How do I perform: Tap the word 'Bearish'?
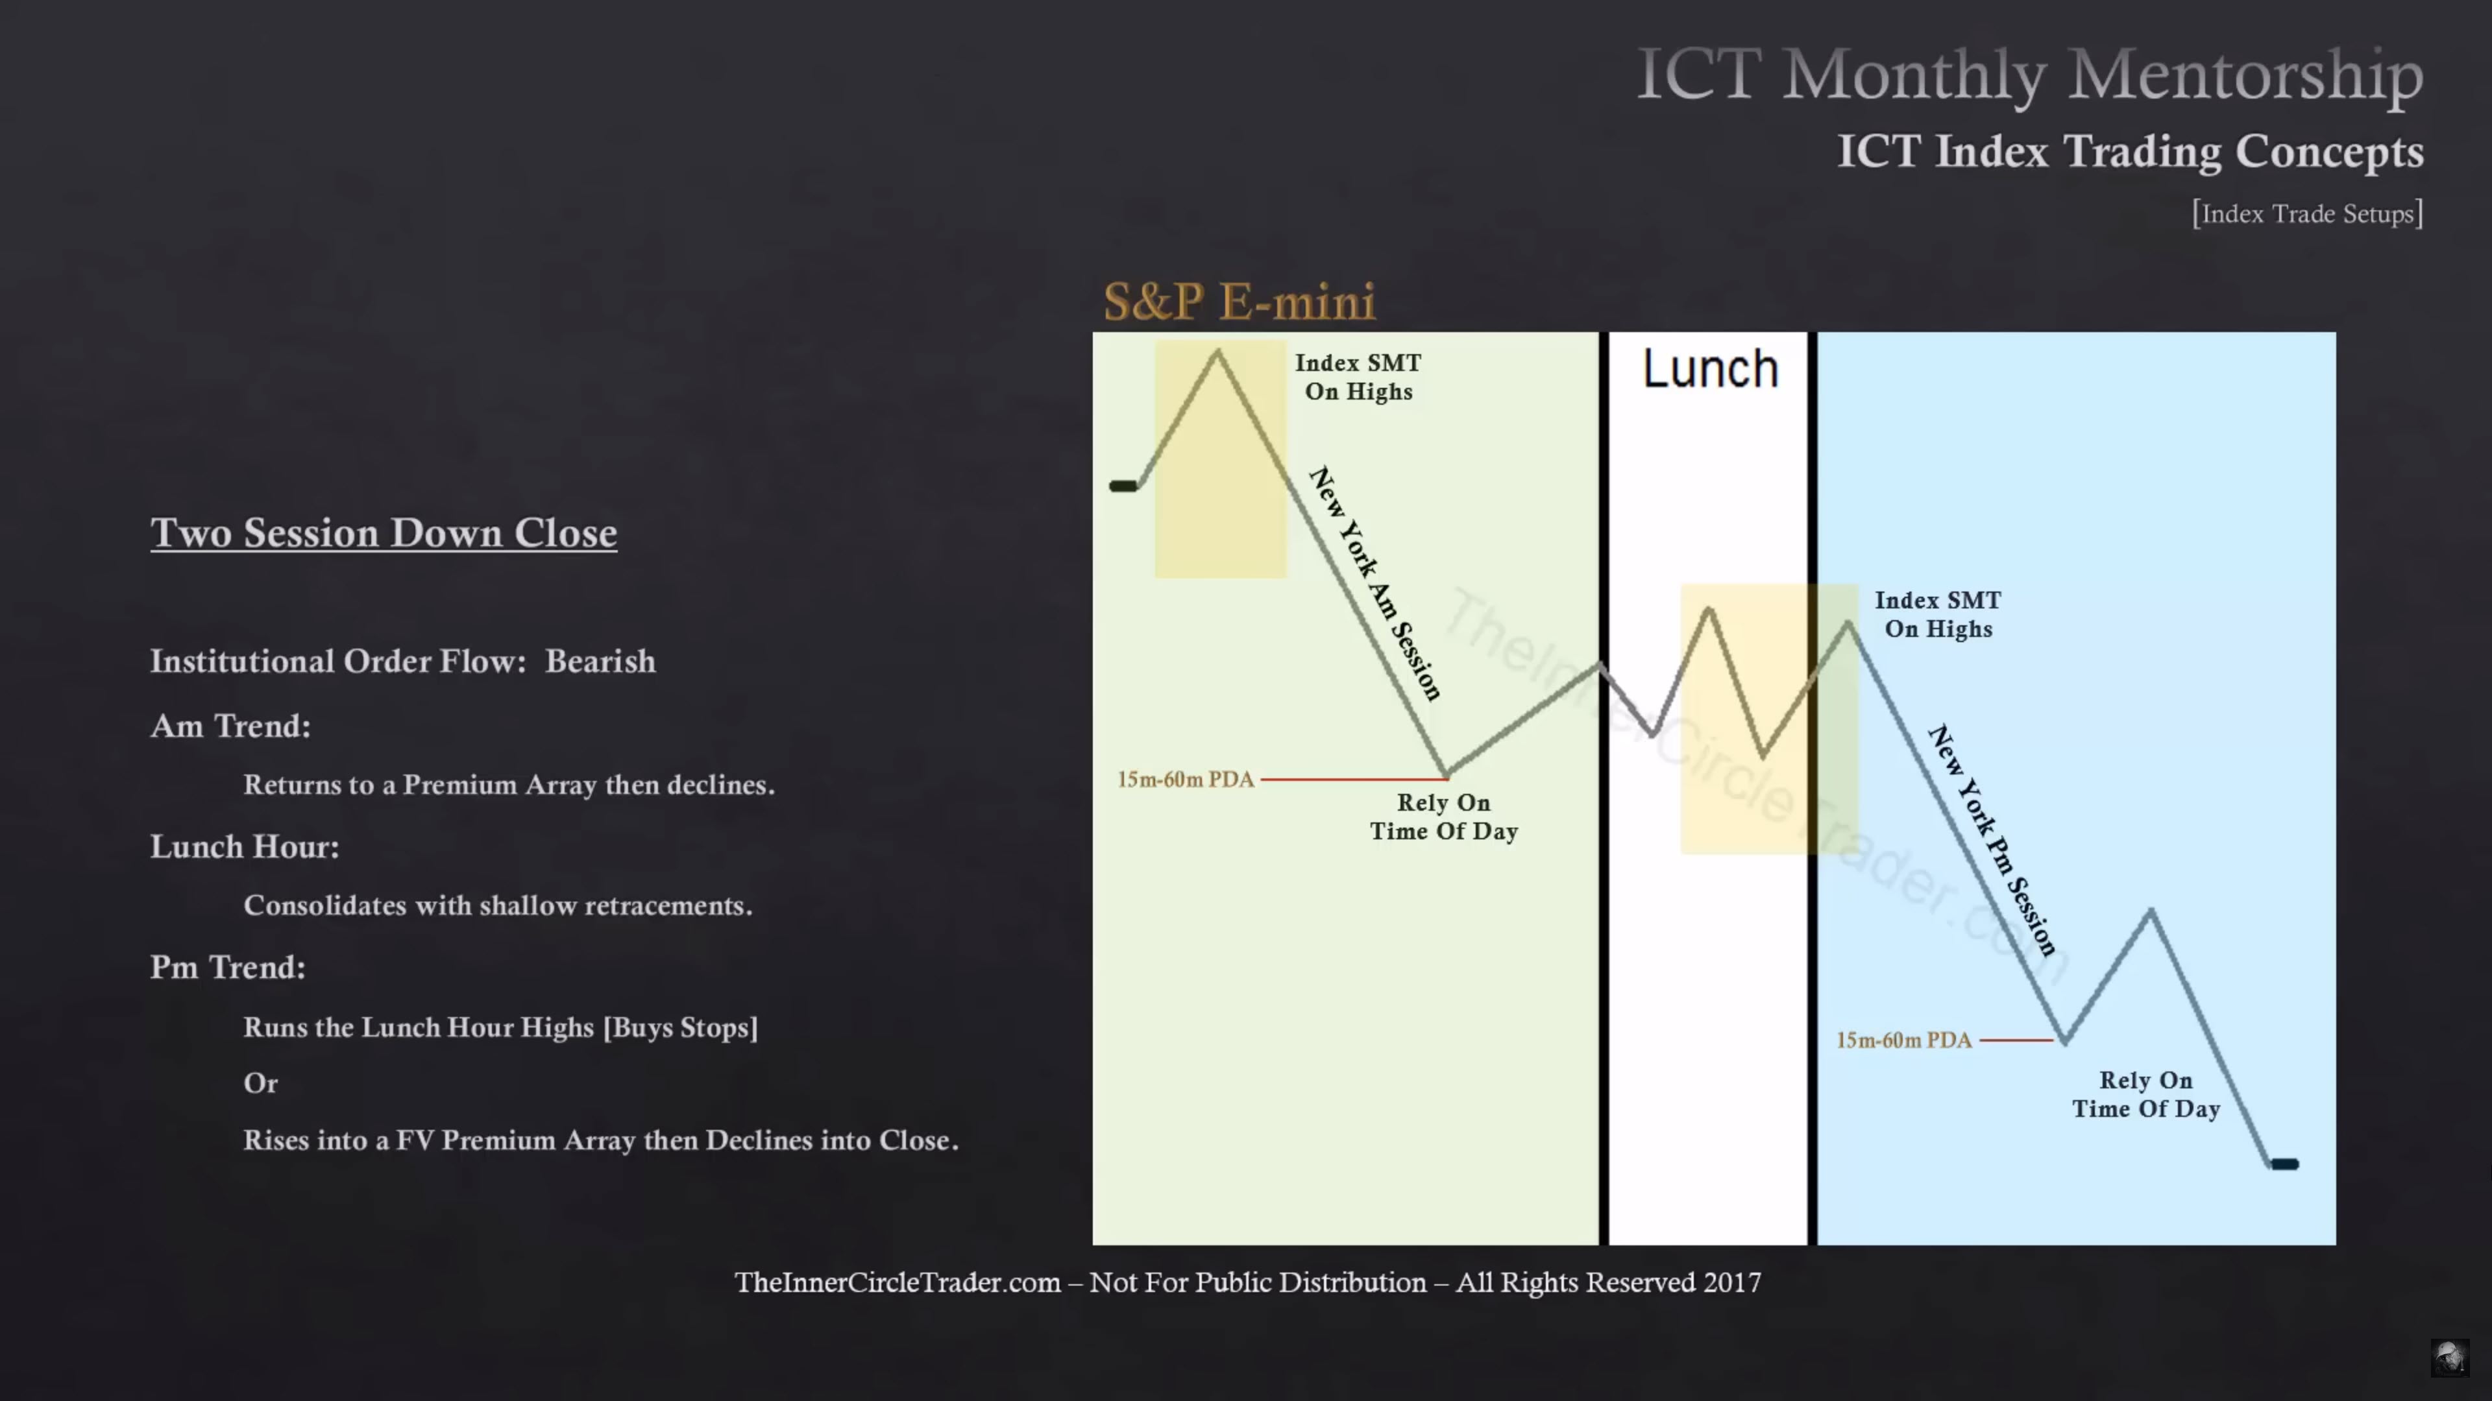600,662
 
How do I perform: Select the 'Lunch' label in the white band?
1711,369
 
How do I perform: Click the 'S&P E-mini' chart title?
1240,302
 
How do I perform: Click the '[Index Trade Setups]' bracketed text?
2307,213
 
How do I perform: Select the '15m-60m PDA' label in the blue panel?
1904,1040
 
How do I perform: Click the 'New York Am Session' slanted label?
1374,583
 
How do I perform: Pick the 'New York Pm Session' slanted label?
1992,840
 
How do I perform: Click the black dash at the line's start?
1123,486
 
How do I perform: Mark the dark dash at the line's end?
2285,1164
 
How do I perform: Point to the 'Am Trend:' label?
230,726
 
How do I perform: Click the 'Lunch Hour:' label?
245,847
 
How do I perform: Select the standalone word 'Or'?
260,1083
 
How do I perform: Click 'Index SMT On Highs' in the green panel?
1358,377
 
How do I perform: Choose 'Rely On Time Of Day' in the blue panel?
2145,1094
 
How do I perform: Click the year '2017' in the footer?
1731,1283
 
